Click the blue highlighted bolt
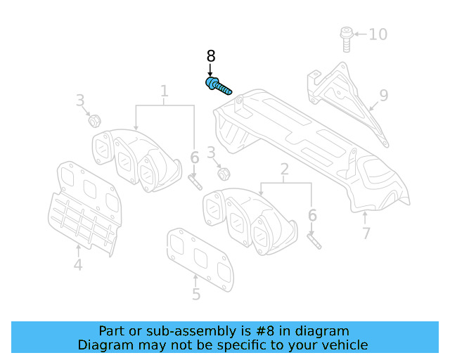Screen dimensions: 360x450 point(218,87)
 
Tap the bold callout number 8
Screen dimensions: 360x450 point(210,56)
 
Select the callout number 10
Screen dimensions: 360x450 point(378,34)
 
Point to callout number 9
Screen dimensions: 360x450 point(383,95)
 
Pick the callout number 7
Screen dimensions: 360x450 point(366,233)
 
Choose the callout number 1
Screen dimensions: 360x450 point(165,91)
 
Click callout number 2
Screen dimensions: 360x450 point(285,169)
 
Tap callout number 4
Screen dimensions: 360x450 point(77,265)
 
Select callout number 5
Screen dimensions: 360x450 point(196,295)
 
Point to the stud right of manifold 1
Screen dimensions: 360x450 point(195,181)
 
